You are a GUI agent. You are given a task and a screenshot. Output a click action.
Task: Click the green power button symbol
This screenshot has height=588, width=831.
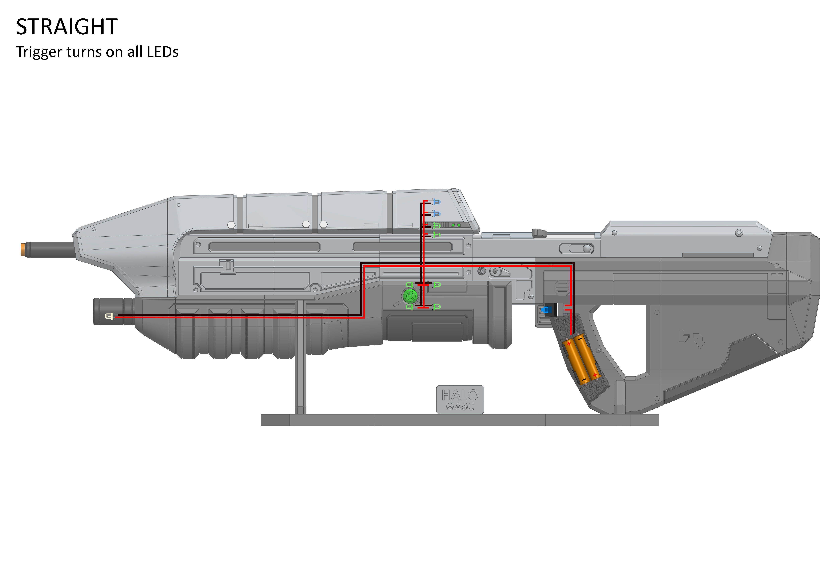pyautogui.click(x=410, y=296)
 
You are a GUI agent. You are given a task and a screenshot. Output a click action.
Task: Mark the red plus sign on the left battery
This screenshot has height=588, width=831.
pyautogui.click(x=569, y=343)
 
